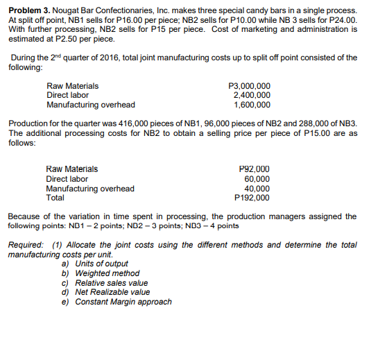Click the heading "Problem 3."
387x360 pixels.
pos(30,12)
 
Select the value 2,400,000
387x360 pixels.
pos(252,95)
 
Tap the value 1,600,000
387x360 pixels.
pos(252,105)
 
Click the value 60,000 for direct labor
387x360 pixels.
pos(257,178)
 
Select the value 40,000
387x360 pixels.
pos(257,188)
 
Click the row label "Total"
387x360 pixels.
pos(55,197)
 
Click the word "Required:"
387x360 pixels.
pos(26,246)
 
